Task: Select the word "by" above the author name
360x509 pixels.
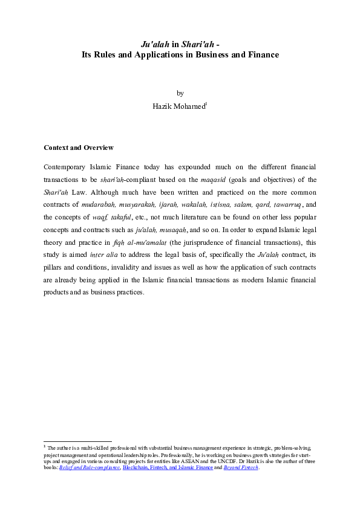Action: click(180, 93)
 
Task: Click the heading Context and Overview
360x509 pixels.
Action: click(79, 148)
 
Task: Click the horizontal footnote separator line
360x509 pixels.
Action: click(78, 441)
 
